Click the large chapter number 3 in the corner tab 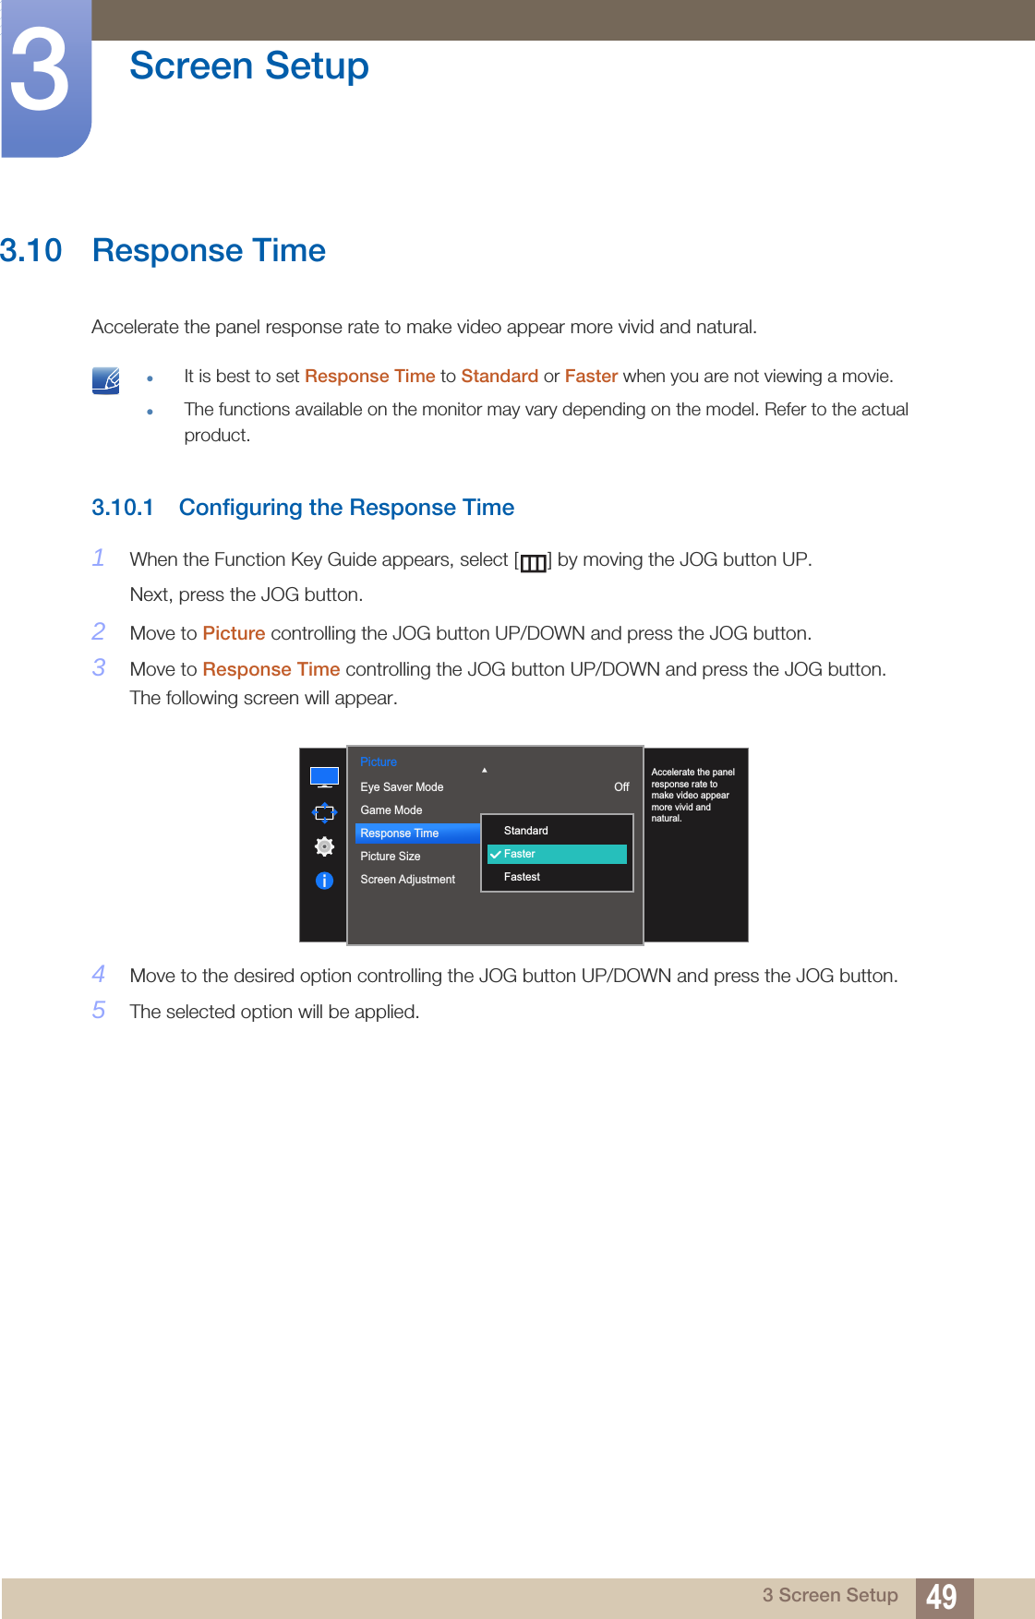coord(41,72)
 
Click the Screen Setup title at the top coord(248,66)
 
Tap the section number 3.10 coord(31,250)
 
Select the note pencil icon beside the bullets coord(106,380)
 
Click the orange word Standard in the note coord(499,376)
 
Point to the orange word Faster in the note coord(591,376)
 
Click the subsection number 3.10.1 coord(122,508)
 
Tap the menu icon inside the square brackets coord(533,562)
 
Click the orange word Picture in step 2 coord(234,633)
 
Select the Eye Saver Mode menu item coord(402,787)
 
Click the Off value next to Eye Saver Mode coord(621,787)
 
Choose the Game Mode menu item coord(391,810)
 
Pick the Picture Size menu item coord(391,857)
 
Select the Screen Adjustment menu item coord(407,880)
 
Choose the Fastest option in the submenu coord(522,877)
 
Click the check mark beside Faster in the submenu coord(496,855)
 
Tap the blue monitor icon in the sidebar coord(324,777)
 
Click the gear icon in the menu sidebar coord(324,846)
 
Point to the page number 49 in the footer coord(941,1597)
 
